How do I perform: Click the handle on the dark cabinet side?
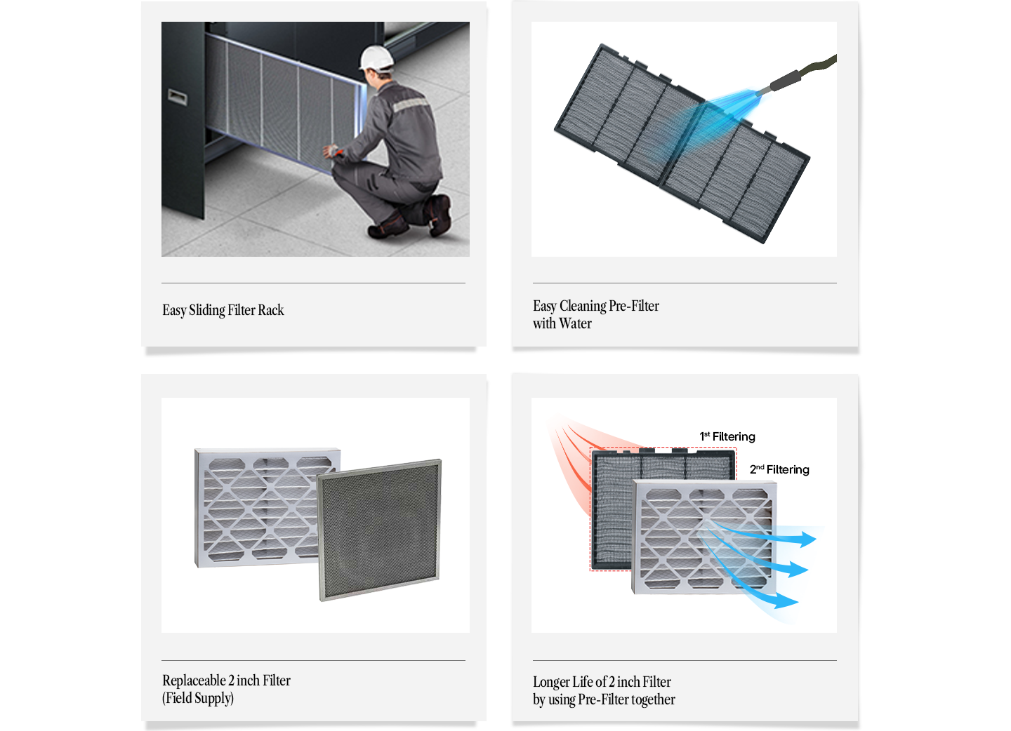pos(177,97)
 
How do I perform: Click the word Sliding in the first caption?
pos(207,310)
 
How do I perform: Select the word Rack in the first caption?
pos(271,310)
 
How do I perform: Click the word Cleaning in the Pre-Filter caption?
pos(583,306)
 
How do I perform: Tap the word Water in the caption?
pos(576,323)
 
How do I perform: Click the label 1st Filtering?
pos(727,436)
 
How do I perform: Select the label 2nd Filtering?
pos(779,469)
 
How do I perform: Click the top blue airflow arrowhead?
pos(807,539)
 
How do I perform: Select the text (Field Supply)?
pos(198,698)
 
